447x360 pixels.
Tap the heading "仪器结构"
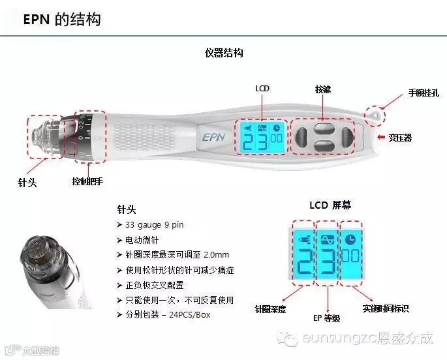point(224,53)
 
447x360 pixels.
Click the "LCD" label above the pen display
point(262,89)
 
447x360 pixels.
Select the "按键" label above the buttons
point(323,89)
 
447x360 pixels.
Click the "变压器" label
point(400,138)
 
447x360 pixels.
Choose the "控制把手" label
point(89,182)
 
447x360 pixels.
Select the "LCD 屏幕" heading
point(330,205)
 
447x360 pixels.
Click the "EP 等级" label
point(327,318)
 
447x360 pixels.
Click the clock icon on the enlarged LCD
point(350,239)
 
